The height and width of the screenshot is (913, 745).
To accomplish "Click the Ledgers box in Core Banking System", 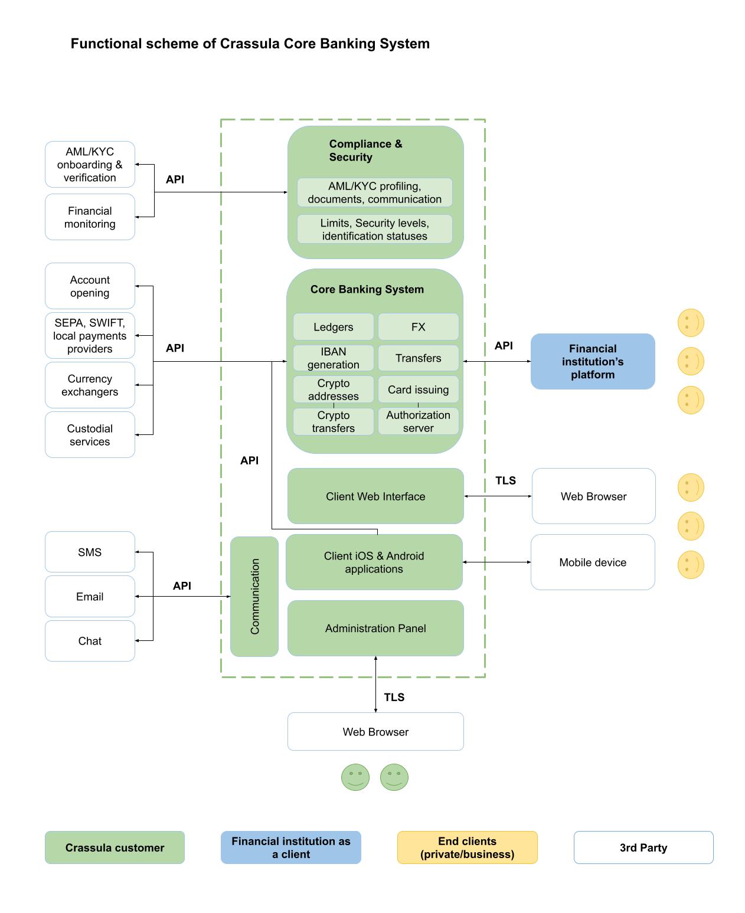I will click(333, 327).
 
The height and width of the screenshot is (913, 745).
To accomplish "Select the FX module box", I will click(418, 327).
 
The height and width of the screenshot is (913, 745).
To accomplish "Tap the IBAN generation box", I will click(333, 358).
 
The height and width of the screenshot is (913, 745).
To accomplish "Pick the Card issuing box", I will click(418, 390).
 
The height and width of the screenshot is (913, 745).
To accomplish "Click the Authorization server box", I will click(418, 421).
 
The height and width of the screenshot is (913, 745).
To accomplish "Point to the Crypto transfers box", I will click(333, 421).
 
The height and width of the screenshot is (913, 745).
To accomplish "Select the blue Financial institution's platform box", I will click(593, 361).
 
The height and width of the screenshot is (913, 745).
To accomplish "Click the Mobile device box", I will click(593, 562).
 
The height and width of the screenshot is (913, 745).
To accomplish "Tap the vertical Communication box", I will click(254, 596).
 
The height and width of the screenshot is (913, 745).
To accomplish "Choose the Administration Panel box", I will click(375, 628).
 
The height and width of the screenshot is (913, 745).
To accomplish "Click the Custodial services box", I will click(90, 435).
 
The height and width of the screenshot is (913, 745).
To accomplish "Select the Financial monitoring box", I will click(90, 217).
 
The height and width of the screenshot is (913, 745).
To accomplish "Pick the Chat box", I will click(90, 641).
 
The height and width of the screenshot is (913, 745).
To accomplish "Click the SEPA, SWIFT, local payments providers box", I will click(90, 336).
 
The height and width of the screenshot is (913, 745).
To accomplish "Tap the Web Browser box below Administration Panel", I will click(375, 732).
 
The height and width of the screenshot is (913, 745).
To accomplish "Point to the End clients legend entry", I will click(467, 847).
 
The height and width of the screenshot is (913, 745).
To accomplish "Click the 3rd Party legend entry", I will click(643, 847).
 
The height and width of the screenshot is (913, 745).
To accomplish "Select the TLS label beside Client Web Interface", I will click(505, 480).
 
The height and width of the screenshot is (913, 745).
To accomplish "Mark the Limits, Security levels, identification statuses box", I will click(374, 229).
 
